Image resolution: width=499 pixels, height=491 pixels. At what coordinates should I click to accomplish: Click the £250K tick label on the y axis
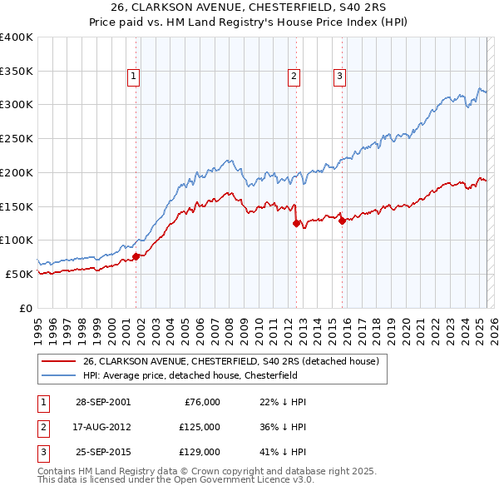(17, 139)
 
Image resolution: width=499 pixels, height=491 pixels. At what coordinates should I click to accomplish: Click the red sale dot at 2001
(136, 256)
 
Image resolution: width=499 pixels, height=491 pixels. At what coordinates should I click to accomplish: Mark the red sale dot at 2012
(296, 223)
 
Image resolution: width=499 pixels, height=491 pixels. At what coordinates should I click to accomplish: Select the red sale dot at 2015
(342, 221)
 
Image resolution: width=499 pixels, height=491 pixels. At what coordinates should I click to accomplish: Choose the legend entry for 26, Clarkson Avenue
(230, 361)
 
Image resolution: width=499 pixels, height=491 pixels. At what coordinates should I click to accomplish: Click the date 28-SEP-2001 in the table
(103, 402)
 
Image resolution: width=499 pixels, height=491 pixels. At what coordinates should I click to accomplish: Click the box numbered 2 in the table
(42, 426)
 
